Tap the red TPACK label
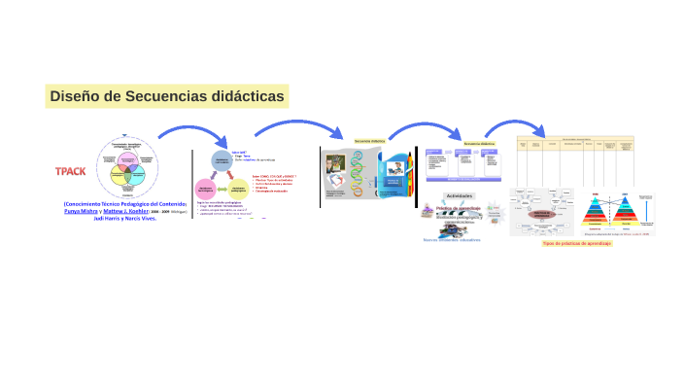click(70, 171)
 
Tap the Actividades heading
click(460, 195)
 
